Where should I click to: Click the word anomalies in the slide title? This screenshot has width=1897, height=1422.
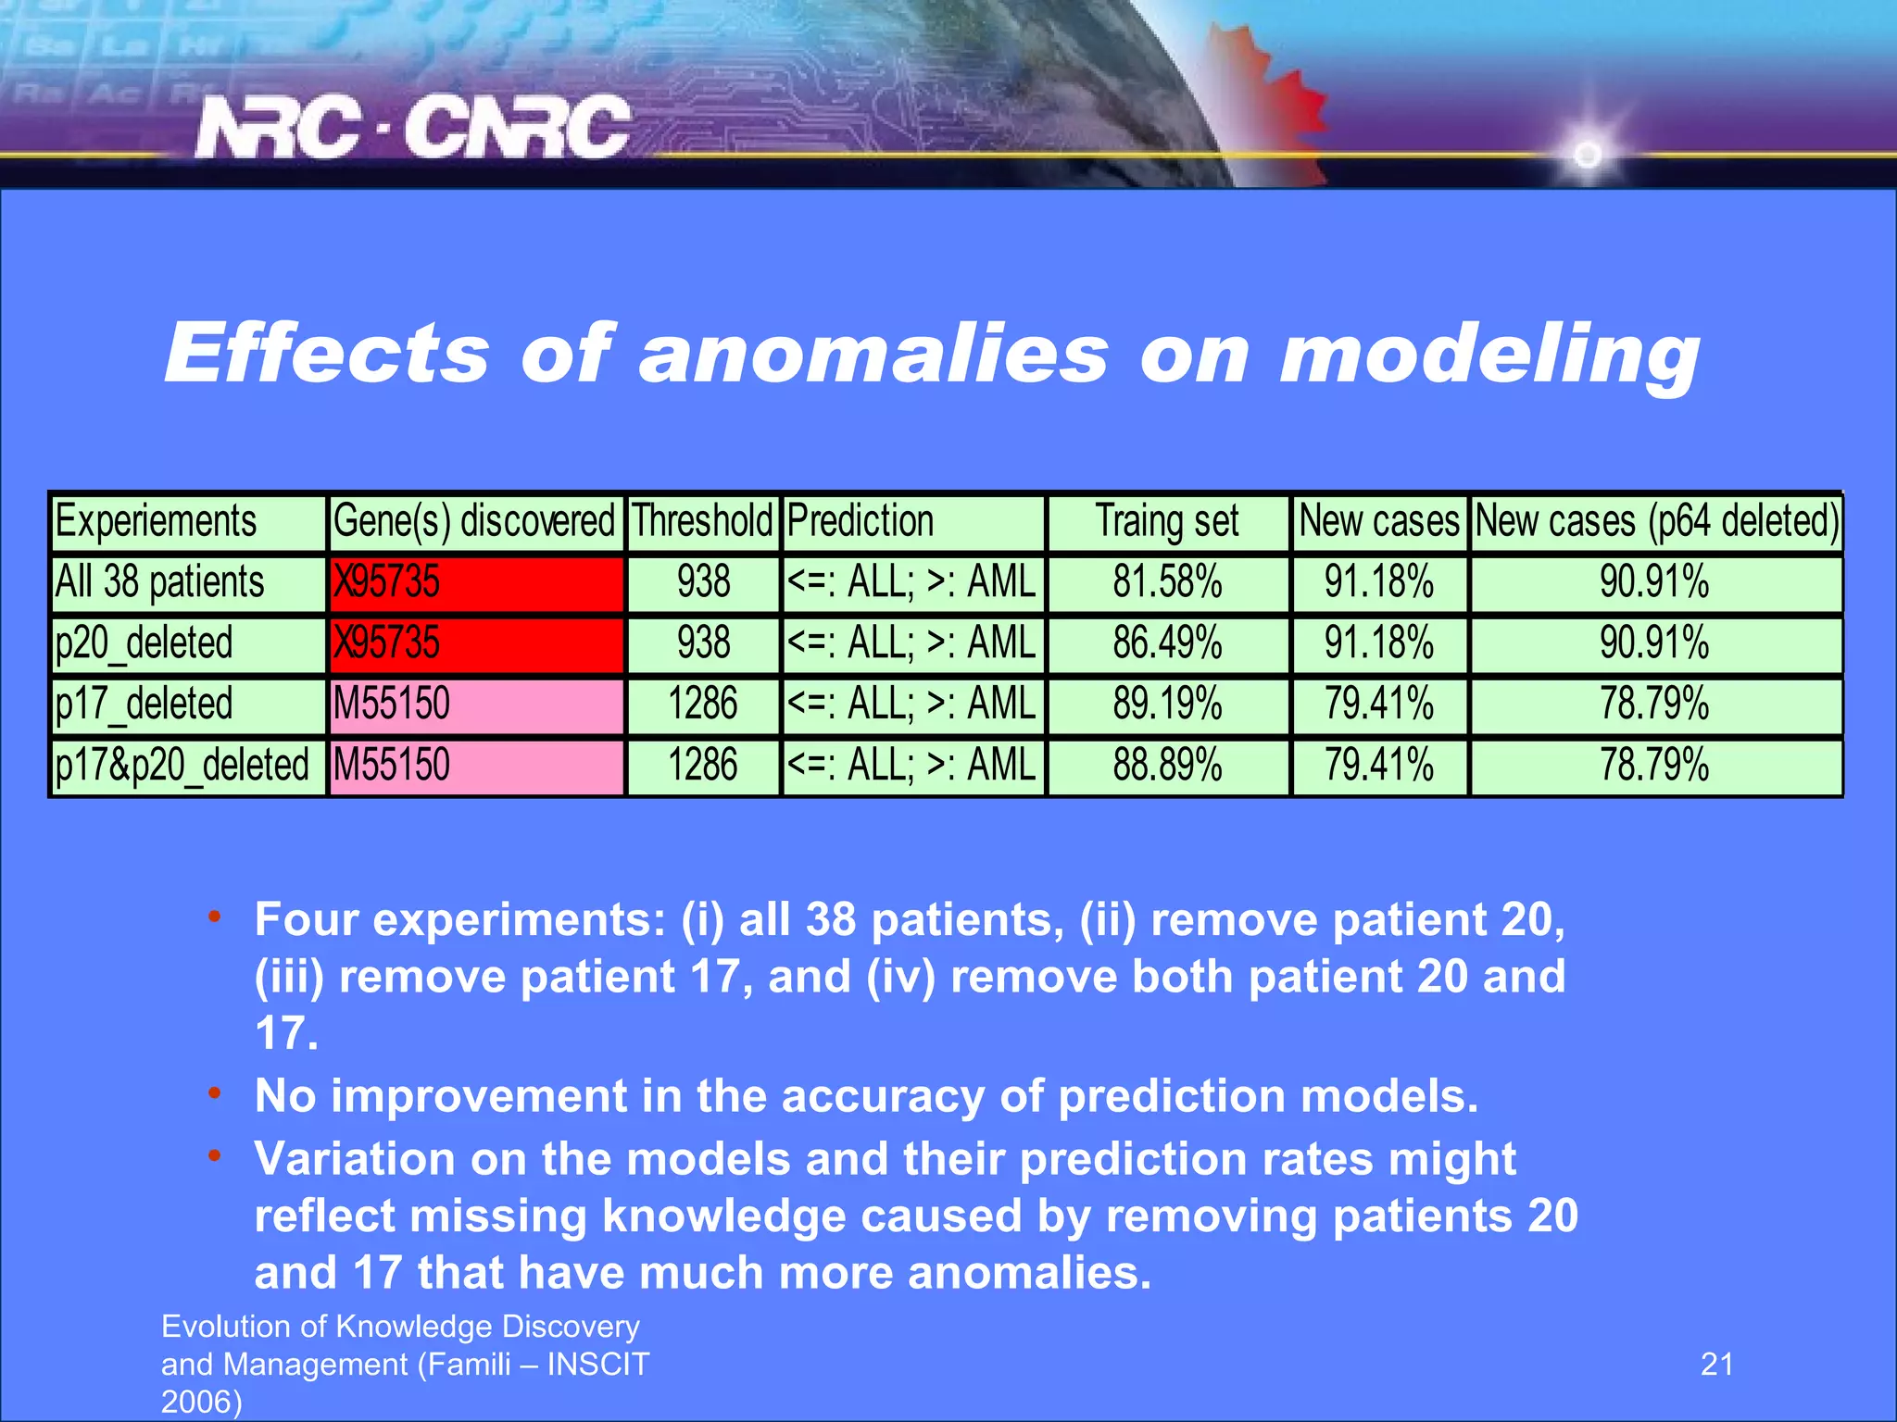(873, 355)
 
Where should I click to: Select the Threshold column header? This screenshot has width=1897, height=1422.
(702, 521)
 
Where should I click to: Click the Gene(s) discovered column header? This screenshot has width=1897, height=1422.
(473, 521)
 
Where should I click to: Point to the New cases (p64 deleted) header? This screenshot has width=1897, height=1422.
(1655, 521)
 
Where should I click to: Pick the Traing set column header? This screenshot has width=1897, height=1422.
(1167, 521)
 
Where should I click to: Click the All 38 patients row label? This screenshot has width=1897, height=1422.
(159, 582)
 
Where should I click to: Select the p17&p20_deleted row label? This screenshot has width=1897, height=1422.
(182, 766)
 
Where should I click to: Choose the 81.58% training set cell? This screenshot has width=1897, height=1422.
(1167, 582)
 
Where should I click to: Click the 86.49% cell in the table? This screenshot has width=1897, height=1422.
(1167, 643)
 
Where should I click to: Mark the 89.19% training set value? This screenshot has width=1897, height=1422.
(1167, 705)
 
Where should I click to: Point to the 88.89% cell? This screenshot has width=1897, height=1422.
(1167, 766)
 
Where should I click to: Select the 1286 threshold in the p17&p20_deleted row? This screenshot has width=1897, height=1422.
(702, 766)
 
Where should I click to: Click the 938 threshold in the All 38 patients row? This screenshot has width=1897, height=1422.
(703, 582)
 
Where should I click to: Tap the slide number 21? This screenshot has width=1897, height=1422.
(1716, 1364)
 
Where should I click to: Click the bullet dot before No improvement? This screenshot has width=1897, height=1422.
(215, 1093)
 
